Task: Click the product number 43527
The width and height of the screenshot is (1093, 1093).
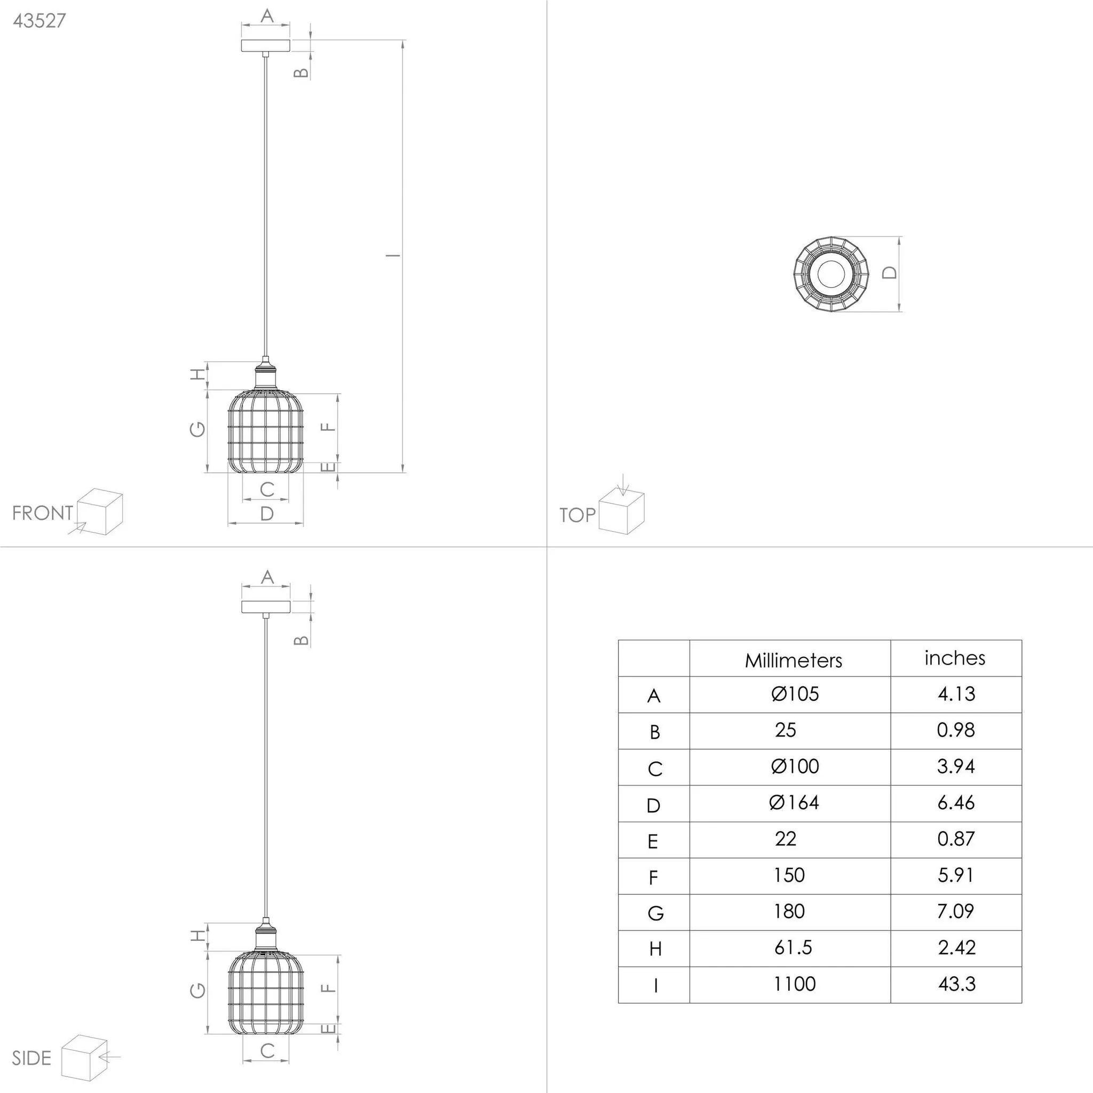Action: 39,20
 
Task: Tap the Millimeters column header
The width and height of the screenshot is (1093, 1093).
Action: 793,660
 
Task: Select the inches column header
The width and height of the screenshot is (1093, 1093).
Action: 955,658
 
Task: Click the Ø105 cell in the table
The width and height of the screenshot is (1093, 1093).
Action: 795,694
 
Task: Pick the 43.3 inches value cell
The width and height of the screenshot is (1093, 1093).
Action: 957,984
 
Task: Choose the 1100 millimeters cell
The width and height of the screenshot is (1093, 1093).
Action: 794,984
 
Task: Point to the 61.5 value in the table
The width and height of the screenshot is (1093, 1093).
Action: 793,948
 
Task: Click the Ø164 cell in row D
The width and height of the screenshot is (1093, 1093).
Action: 794,803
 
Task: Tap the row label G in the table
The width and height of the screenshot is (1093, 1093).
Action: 655,913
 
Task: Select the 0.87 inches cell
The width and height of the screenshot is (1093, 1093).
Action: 956,839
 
